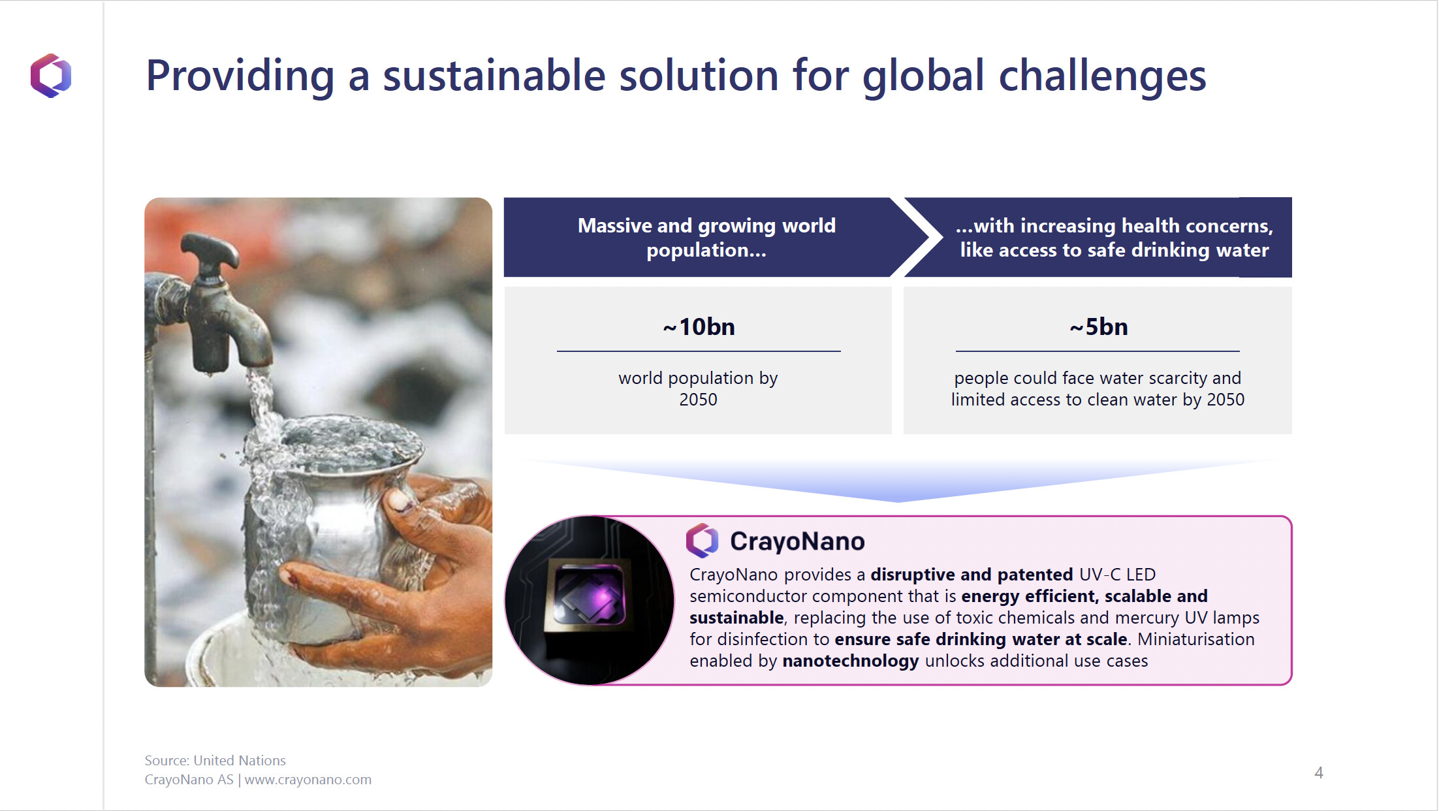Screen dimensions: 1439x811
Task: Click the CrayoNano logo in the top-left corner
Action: click(51, 75)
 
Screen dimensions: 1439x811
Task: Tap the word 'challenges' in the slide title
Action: click(1102, 77)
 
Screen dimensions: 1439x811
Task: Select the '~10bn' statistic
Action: click(699, 326)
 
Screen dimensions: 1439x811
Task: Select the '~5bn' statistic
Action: click(1098, 326)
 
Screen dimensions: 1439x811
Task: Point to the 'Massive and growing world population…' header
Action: click(706, 238)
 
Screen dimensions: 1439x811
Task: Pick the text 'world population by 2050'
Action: click(698, 389)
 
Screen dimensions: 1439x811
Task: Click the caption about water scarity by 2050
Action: click(1098, 389)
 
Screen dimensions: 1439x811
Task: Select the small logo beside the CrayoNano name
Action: click(703, 541)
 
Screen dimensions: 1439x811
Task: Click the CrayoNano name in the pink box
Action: click(797, 541)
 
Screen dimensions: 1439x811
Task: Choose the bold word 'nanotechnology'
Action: click(850, 661)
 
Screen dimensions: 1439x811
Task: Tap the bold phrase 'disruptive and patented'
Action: click(972, 575)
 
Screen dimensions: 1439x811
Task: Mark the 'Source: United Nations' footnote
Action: click(215, 760)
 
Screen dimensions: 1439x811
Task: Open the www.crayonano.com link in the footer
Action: click(308, 780)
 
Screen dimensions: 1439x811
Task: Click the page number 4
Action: click(1319, 773)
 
